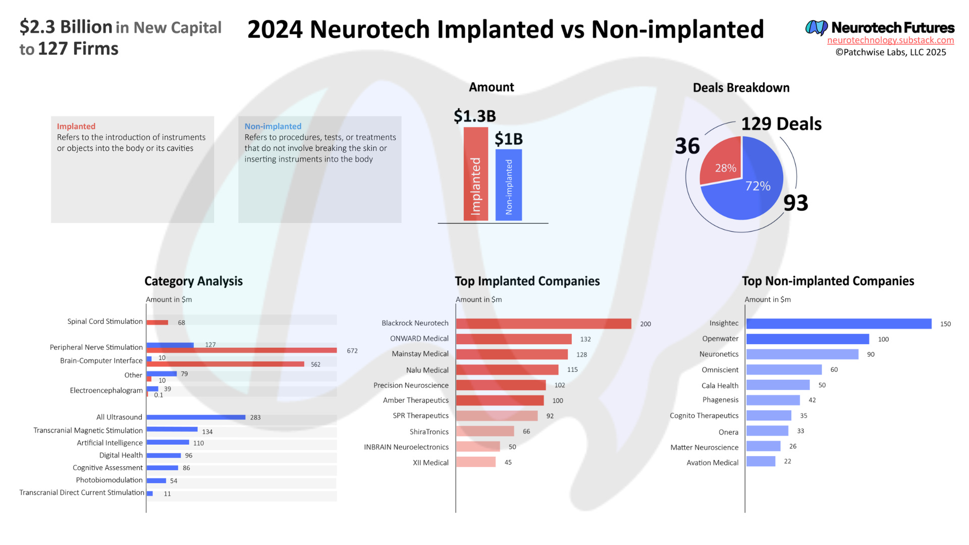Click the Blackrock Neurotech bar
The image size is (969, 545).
pyautogui.click(x=543, y=323)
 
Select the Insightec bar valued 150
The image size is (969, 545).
pyautogui.click(x=838, y=323)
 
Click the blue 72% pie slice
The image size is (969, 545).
pyautogui.click(x=752, y=194)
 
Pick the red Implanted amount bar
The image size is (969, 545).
pyautogui.click(x=475, y=174)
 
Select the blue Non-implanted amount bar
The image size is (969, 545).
pyautogui.click(x=508, y=185)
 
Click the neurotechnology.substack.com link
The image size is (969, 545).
pyautogui.click(x=890, y=40)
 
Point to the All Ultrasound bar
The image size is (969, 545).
pyautogui.click(x=196, y=417)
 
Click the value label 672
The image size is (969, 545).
pyautogui.click(x=352, y=351)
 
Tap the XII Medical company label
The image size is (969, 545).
pyautogui.click(x=430, y=463)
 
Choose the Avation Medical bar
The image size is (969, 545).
pyautogui.click(x=761, y=461)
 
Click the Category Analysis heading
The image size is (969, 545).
pyautogui.click(x=193, y=281)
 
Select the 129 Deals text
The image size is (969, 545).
pyautogui.click(x=781, y=124)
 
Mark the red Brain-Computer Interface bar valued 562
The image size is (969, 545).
pyautogui.click(x=225, y=364)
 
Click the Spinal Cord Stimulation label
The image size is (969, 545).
pyautogui.click(x=105, y=321)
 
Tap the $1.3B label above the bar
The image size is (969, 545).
pyautogui.click(x=474, y=116)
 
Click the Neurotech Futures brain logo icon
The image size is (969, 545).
pyautogui.click(x=816, y=27)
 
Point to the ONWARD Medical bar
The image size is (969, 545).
pyautogui.click(x=513, y=339)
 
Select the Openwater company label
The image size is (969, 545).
pyautogui.click(x=720, y=339)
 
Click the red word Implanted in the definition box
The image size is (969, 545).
pyautogui.click(x=76, y=126)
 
